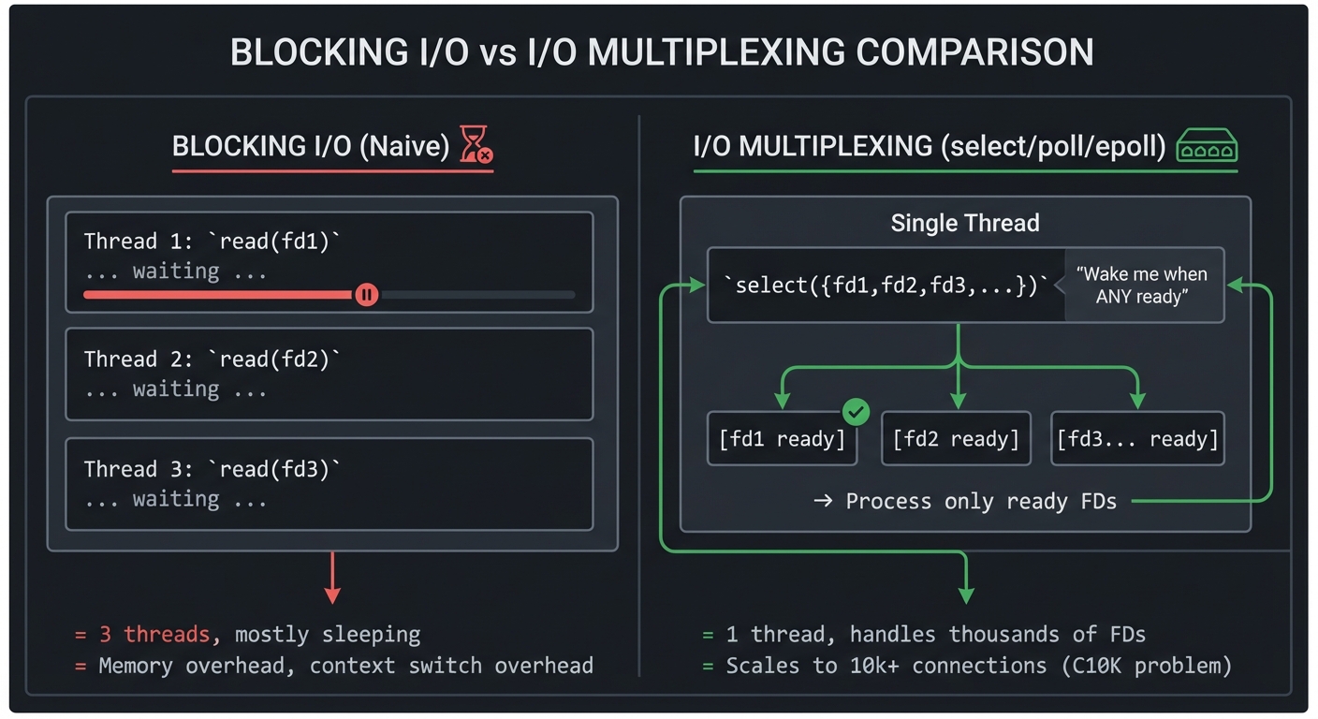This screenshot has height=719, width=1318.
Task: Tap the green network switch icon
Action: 1207,146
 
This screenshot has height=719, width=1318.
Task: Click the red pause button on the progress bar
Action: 366,295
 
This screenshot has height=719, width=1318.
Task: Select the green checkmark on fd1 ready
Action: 856,411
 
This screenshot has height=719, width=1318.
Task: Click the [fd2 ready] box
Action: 956,439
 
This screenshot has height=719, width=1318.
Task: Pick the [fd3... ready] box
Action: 1137,439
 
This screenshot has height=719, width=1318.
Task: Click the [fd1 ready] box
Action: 782,439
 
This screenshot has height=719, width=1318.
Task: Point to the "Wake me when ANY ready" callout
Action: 1141,286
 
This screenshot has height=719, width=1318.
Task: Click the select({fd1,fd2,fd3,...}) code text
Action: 886,286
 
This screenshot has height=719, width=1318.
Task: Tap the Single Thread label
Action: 964,223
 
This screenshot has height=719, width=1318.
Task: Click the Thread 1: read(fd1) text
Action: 212,241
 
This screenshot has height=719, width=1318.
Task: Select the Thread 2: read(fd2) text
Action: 212,359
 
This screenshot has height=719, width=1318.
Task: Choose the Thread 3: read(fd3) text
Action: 212,469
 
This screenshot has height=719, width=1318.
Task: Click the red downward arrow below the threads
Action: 331,580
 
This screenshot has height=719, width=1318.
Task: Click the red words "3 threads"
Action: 154,635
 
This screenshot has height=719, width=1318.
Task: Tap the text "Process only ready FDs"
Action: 980,501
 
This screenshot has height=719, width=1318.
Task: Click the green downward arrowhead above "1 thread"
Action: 966,594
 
